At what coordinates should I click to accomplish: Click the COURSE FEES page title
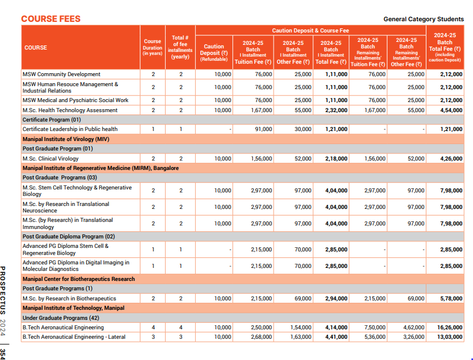point(51,19)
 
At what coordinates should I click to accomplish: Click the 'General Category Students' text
point(423,19)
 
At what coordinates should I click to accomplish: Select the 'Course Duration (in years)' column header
point(153,48)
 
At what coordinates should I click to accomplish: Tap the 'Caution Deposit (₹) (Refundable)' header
point(213,53)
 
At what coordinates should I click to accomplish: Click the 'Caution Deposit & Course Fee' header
point(310,30)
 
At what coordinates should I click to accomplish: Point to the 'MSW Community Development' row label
point(61,74)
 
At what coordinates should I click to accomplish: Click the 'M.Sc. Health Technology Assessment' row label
point(70,110)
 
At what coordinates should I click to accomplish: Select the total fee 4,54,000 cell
point(451,110)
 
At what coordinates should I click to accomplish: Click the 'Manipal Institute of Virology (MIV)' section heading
point(65,139)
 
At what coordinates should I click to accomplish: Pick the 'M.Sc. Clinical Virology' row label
point(51,159)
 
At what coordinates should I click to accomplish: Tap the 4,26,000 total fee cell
point(451,159)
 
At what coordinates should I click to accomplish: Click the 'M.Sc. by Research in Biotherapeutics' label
point(69,299)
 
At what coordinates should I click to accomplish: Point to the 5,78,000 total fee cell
point(451,299)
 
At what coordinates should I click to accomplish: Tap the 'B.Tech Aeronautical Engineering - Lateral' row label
point(77,336)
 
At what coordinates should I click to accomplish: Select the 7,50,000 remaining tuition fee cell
point(374,327)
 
